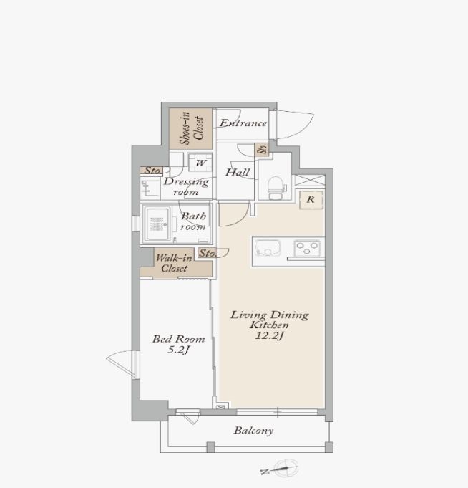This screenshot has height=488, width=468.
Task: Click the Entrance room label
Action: click(x=243, y=123)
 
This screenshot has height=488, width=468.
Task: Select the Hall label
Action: click(x=238, y=173)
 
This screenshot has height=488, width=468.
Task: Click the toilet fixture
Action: click(x=276, y=188)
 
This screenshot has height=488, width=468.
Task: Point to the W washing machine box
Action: click(x=201, y=163)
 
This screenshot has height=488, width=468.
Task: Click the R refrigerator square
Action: click(x=311, y=200)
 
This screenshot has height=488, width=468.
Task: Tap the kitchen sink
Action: click(x=267, y=248)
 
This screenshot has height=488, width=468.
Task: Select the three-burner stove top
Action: click(x=307, y=248)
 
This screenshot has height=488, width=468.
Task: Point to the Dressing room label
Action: click(x=186, y=186)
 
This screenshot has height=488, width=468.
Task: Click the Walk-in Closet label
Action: click(x=174, y=263)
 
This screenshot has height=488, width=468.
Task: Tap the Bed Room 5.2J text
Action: click(x=178, y=344)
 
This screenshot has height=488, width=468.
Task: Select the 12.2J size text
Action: click(x=269, y=335)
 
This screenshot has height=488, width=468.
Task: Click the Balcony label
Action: click(x=253, y=431)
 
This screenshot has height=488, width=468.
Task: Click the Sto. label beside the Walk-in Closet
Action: click(x=208, y=253)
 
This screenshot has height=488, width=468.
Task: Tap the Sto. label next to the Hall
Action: click(x=262, y=149)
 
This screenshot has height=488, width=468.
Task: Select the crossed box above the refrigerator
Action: click(x=310, y=181)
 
